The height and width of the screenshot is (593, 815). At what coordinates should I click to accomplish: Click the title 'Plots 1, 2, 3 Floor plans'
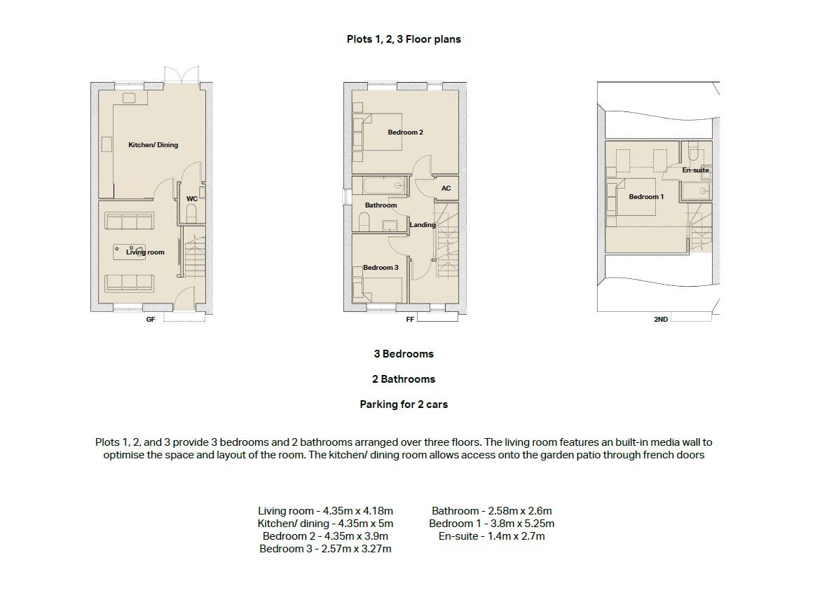[404, 39]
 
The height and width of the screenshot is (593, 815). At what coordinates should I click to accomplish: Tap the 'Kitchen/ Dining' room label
[153, 145]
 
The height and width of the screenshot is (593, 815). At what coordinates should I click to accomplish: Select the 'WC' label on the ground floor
[191, 199]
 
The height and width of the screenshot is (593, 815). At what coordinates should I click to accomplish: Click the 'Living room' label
[146, 252]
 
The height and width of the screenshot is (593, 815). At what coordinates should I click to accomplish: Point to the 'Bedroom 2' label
[405, 132]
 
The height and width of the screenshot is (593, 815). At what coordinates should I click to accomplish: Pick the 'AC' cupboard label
[446, 189]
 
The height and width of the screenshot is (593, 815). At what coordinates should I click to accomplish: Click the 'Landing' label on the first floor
[423, 225]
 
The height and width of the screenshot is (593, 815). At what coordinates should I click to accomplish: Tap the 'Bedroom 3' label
[381, 268]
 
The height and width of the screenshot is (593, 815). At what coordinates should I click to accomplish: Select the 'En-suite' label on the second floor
[695, 170]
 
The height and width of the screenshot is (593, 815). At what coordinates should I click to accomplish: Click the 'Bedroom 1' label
[645, 197]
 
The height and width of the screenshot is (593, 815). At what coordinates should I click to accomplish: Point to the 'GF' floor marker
[150, 320]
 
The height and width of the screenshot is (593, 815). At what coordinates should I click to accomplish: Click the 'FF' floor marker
[410, 320]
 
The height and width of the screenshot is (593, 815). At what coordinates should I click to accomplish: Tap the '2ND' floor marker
[660, 320]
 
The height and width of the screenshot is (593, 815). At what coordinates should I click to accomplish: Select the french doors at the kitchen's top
[181, 76]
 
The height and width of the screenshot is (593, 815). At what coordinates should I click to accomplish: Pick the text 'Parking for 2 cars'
[404, 404]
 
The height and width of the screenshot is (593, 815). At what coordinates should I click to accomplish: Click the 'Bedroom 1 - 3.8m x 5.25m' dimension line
[491, 524]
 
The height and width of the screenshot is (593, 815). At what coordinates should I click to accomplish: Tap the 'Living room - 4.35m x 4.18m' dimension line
[325, 511]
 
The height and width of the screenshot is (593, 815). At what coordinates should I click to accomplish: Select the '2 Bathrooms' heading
[404, 379]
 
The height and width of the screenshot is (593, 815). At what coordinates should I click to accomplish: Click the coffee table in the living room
[130, 251]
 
